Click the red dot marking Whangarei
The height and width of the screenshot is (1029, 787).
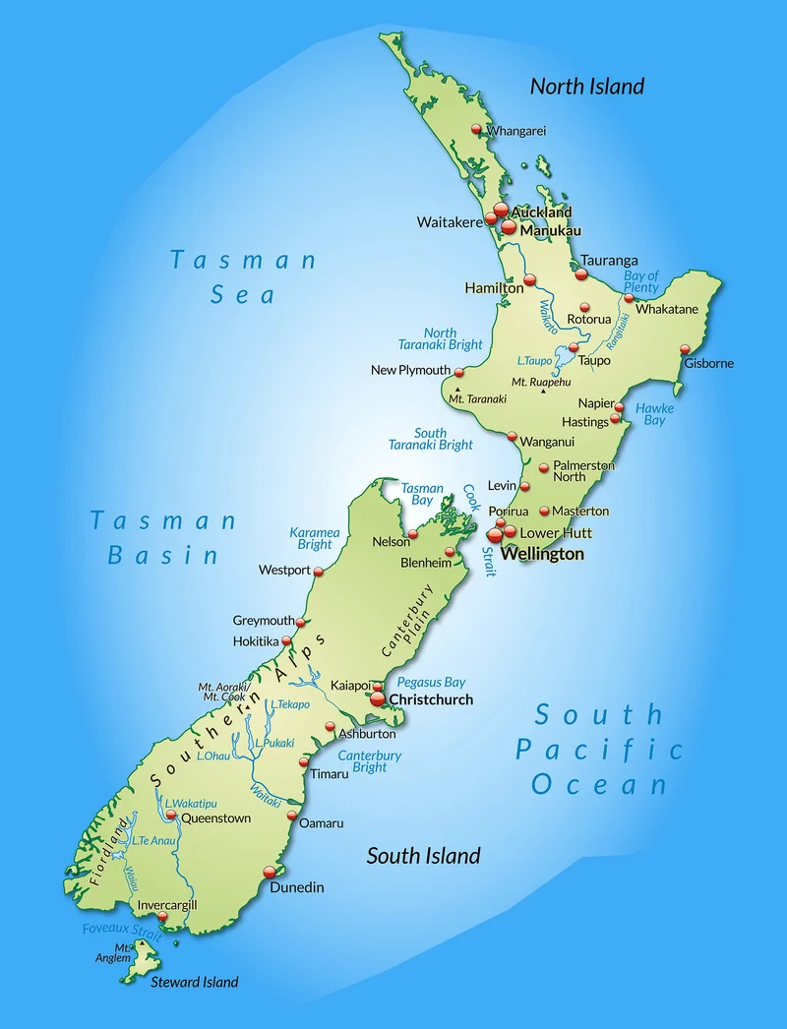pos(477,129)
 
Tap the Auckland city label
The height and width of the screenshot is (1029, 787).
pos(541,212)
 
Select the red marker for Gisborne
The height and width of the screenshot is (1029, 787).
pos(686,349)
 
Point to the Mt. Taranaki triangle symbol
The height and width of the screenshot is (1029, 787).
pos(457,390)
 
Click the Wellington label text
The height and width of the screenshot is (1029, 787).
pos(542,554)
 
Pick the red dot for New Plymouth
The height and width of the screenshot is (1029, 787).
pos(458,371)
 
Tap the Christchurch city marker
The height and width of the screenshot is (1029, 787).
pos(377,699)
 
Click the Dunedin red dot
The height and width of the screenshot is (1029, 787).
pos(270,872)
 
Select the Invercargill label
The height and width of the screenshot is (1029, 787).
pos(167,905)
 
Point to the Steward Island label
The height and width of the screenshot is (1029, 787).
pos(194,981)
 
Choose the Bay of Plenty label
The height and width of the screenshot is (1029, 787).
pos(641,282)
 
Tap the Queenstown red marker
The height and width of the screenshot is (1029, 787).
pos(171,816)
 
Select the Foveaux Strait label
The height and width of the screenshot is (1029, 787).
pos(122,929)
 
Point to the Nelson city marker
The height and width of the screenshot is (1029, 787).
pos(413,534)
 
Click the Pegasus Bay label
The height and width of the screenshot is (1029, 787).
pos(432,682)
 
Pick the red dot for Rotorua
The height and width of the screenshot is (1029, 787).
pos(584,307)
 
